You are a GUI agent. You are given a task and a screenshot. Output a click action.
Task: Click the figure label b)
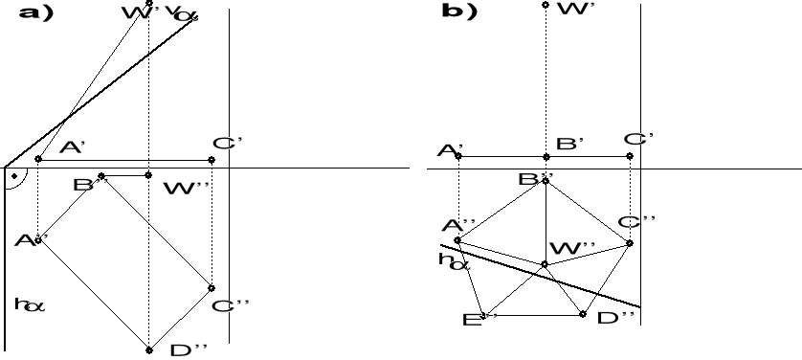click(459, 11)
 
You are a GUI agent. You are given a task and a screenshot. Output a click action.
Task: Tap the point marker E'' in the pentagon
click(484, 314)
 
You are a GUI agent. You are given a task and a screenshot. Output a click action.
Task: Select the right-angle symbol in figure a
click(14, 177)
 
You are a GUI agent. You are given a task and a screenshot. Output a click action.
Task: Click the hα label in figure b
click(453, 259)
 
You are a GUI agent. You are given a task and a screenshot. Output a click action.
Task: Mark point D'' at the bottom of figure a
click(148, 349)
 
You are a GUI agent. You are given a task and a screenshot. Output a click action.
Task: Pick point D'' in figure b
click(583, 314)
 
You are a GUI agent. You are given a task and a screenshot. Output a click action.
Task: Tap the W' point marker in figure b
click(545, 5)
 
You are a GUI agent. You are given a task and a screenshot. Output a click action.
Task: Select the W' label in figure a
click(133, 12)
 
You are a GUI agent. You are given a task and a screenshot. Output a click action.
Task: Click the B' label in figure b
click(570, 144)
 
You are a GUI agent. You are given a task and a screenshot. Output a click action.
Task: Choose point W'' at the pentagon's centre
click(545, 264)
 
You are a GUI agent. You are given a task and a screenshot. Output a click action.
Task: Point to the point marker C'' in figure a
click(212, 287)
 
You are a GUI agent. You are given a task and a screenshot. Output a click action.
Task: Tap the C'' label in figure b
click(636, 222)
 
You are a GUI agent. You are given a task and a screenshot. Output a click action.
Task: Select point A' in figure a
click(38, 159)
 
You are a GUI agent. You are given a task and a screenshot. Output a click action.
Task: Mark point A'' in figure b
click(458, 240)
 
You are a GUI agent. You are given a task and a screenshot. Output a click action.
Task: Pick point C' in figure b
click(630, 156)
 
